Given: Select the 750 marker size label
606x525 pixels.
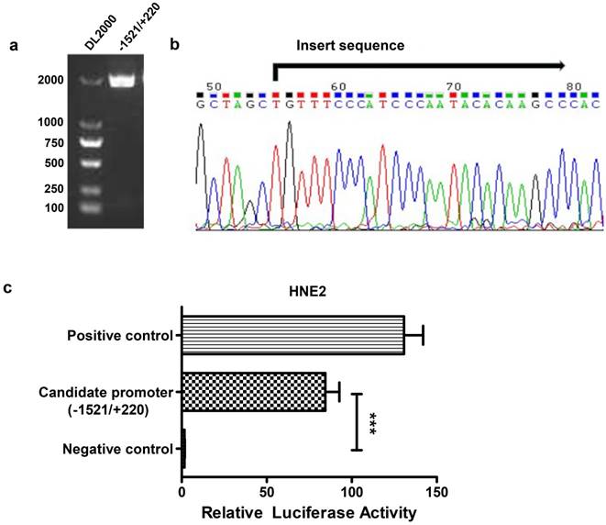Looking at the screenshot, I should (x=51, y=142).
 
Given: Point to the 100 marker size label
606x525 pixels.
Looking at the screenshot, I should (x=53, y=207).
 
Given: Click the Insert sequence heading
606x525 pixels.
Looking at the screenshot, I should (x=349, y=44).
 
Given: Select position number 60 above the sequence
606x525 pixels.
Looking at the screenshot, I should (x=340, y=85).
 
